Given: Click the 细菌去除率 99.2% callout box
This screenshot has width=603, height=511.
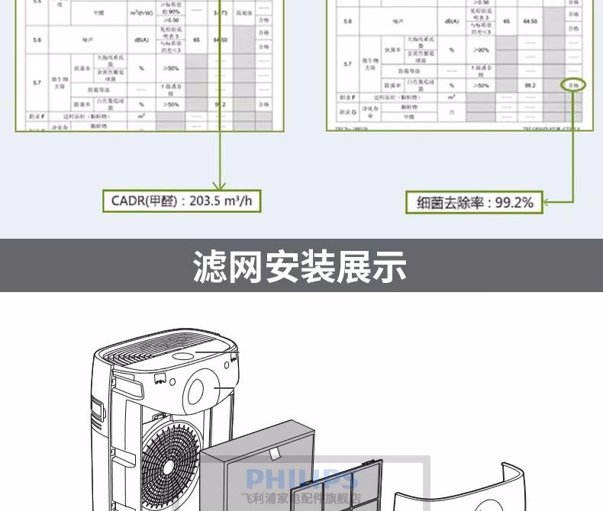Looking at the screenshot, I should click(x=474, y=203).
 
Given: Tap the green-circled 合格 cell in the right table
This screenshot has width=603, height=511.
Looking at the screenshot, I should click(x=572, y=85).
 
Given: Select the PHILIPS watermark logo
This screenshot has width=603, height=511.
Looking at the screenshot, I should click(x=301, y=479).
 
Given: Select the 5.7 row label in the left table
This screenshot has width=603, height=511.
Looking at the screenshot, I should click(x=37, y=80).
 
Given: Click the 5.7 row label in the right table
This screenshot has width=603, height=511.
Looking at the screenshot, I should click(x=348, y=64).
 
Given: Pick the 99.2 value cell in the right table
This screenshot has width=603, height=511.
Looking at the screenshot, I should click(x=530, y=85).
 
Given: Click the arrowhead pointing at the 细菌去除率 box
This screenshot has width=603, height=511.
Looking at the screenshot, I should click(x=548, y=203).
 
